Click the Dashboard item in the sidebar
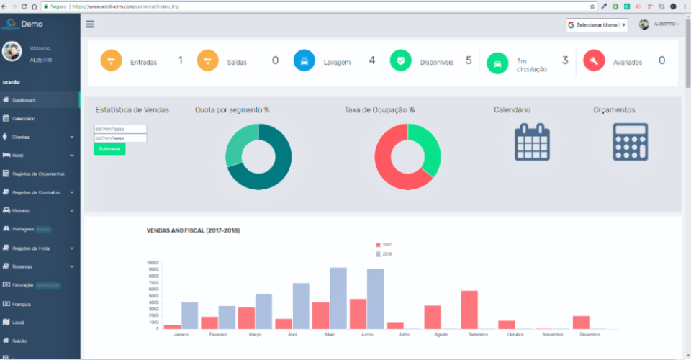coord(24,100)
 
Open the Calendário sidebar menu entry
coord(24,118)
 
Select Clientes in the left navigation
coord(21,137)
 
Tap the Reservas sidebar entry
coord(22,266)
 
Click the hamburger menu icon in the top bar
coord(90,24)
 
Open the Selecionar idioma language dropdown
coord(597,24)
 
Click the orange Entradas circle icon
coord(112,60)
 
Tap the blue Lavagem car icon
coord(304,60)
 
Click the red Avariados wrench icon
coord(595,60)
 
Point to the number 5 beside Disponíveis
coord(469,60)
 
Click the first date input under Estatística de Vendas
coord(120,130)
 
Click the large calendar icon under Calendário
coord(532,141)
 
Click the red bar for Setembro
coord(469,310)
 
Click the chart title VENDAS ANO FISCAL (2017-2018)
coord(193,230)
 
